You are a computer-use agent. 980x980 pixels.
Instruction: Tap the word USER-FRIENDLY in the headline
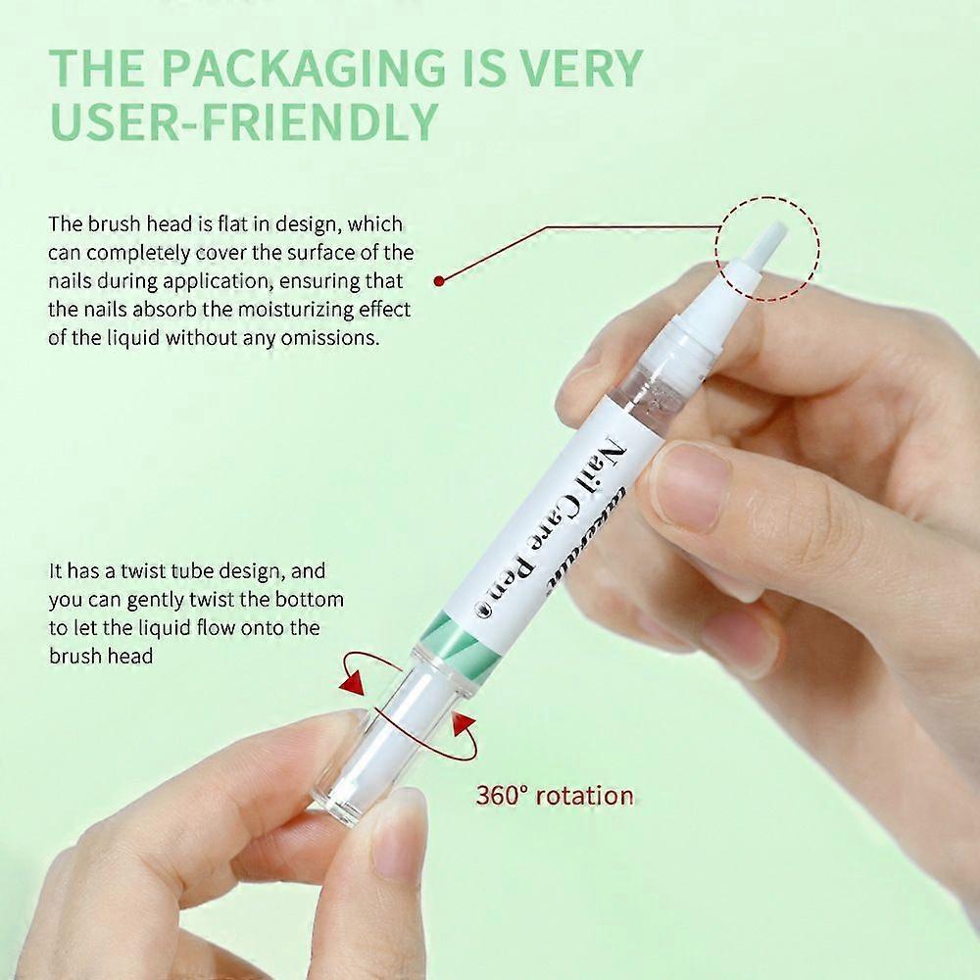[x=242, y=122]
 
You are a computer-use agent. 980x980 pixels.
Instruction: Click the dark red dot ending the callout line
[x=439, y=280]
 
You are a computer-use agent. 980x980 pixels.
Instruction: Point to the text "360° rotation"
[x=554, y=794]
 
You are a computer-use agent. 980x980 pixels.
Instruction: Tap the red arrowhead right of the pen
[x=463, y=726]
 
